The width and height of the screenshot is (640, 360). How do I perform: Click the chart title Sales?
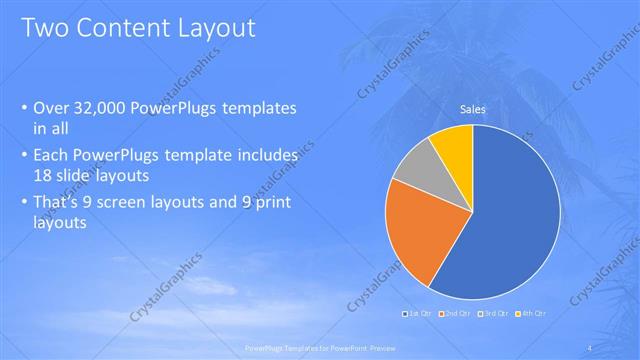(472, 109)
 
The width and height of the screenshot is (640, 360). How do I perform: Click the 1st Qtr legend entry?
(417, 315)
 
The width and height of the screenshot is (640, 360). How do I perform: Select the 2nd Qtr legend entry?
(456, 315)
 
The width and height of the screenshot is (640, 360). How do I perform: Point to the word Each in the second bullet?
(52, 156)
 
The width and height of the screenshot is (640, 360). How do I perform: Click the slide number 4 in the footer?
(592, 347)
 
